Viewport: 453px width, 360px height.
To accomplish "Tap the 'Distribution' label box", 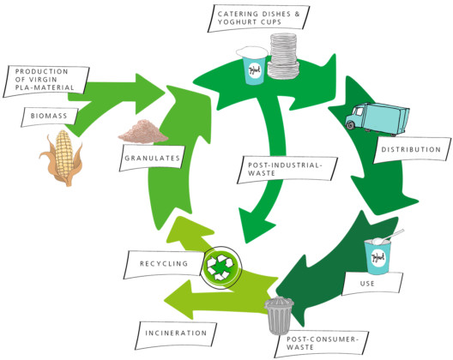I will [410, 148].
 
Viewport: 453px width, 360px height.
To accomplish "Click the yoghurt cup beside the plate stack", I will [252, 68].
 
